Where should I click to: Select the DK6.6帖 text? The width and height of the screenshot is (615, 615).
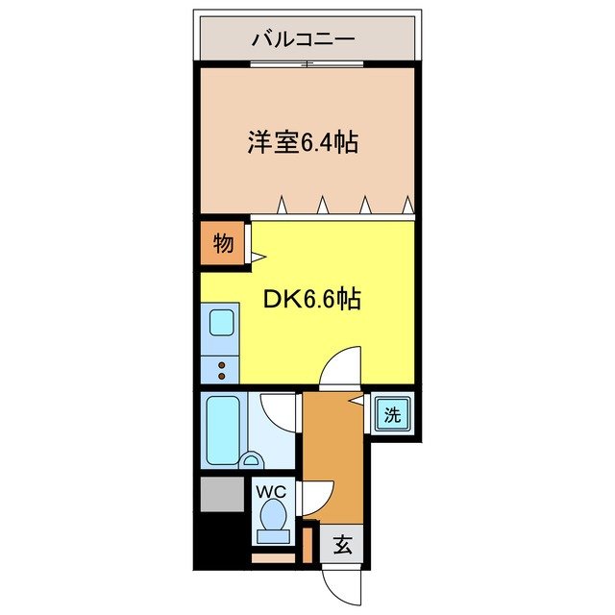click(x=312, y=300)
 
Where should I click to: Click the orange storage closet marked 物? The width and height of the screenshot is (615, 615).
click(x=222, y=244)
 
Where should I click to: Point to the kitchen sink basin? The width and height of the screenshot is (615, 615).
click(x=222, y=321)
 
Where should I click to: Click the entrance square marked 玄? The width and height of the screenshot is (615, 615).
click(x=343, y=546)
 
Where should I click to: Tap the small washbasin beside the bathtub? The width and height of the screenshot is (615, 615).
click(x=254, y=460)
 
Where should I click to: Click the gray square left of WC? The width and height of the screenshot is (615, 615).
click(x=223, y=494)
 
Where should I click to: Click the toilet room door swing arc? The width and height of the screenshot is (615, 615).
click(x=318, y=497)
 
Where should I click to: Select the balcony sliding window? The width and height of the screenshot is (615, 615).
click(x=307, y=64)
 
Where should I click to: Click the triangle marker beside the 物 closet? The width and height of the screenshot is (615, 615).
click(x=257, y=257)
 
